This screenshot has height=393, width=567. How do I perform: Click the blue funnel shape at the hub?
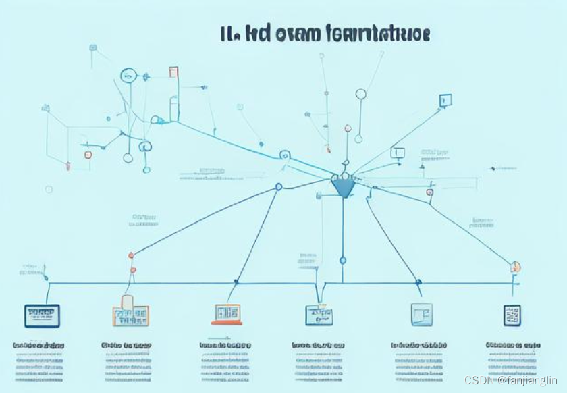tap(343, 186)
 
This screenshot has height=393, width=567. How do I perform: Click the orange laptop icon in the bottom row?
tap(227, 314)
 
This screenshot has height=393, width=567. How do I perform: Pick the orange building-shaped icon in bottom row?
tap(131, 312)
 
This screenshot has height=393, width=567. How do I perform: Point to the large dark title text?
tap(325, 34)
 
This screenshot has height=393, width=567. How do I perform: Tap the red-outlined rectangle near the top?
tap(173, 72)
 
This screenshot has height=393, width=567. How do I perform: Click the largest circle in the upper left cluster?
tap(128, 75)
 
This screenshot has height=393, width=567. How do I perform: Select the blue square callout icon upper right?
tap(445, 101)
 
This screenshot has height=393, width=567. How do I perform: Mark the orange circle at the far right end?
tap(515, 266)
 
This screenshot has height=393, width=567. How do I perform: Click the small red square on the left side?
tap(88, 155)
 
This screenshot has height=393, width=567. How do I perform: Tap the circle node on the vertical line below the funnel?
tap(342, 260)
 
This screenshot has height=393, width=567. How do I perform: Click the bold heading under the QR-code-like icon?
tap(513, 345)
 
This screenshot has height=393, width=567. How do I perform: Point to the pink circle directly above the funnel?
tap(348, 128)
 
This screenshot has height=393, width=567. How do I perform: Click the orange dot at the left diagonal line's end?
tap(131, 255)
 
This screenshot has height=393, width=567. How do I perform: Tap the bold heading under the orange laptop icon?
tap(225, 345)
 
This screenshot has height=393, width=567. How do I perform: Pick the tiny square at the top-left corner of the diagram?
tap(93, 48)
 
